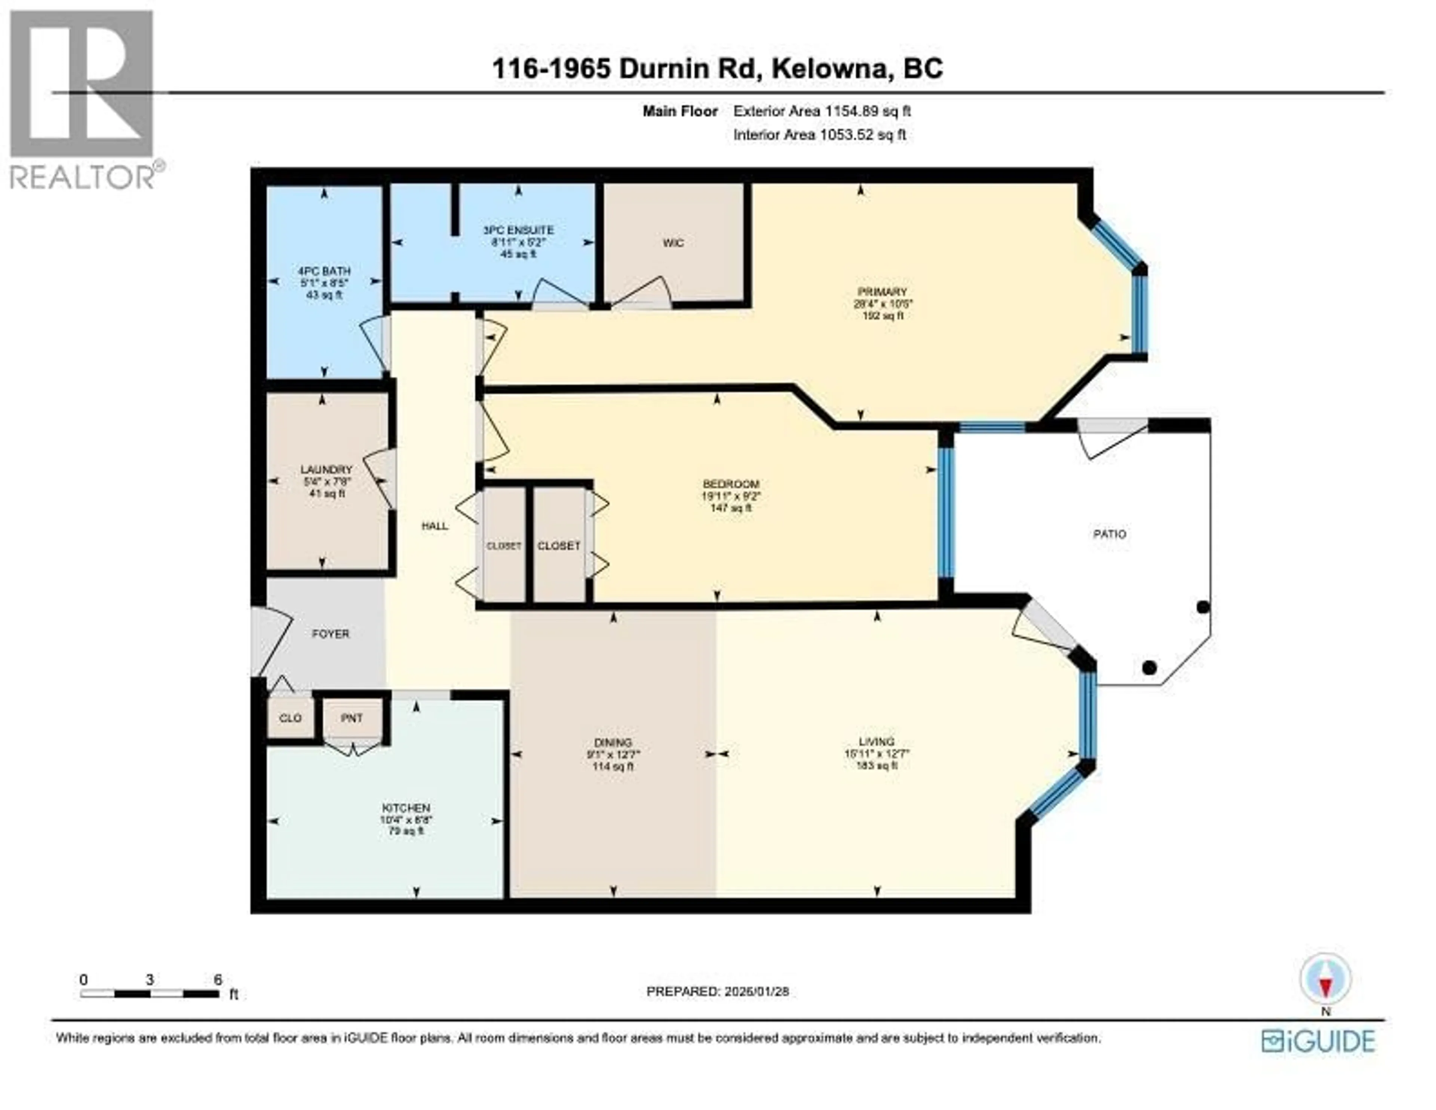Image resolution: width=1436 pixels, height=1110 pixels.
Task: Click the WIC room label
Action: click(673, 243)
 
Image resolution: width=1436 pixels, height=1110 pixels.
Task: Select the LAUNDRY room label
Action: click(326, 469)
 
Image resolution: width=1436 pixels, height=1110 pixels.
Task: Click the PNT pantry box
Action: click(352, 719)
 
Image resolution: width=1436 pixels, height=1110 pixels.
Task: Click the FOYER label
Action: click(330, 634)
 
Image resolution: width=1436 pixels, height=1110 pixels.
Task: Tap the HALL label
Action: click(435, 526)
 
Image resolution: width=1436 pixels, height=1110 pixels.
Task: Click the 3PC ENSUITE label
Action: click(518, 230)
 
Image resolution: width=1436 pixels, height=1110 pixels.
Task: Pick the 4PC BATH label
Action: click(324, 271)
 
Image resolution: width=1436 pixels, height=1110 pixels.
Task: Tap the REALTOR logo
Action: click(82, 99)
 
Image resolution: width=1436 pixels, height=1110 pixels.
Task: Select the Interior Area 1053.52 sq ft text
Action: click(819, 135)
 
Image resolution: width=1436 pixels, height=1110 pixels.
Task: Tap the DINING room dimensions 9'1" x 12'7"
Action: click(613, 755)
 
